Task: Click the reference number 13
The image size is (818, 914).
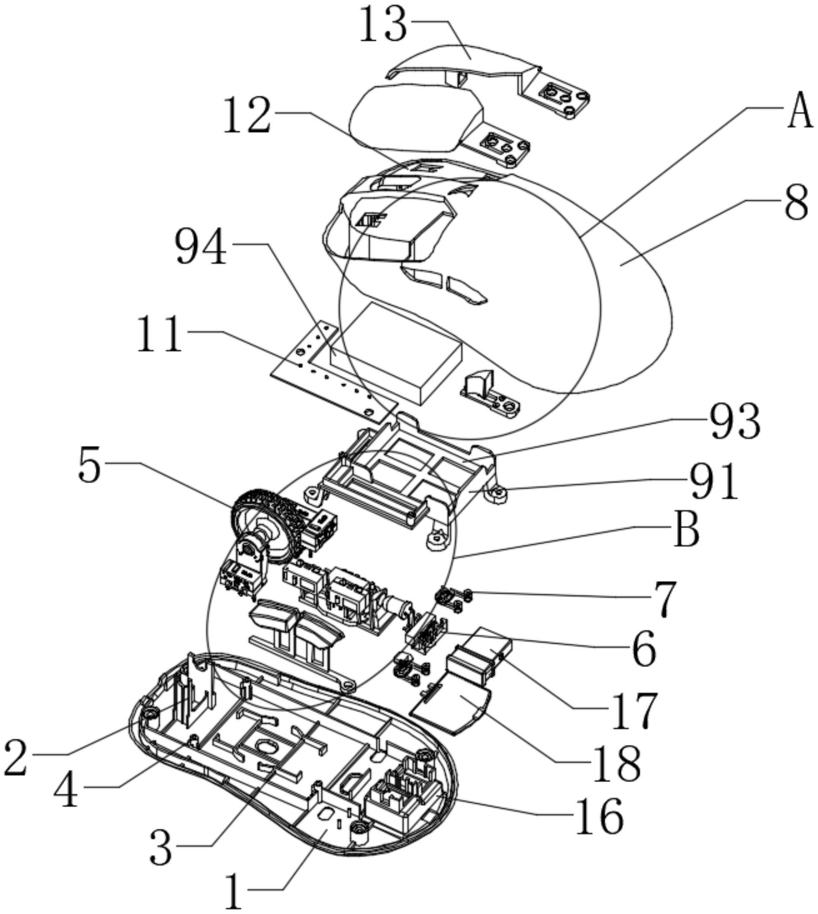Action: (x=384, y=25)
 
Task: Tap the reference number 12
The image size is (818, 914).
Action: (x=248, y=116)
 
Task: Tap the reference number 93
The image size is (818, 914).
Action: (x=735, y=421)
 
